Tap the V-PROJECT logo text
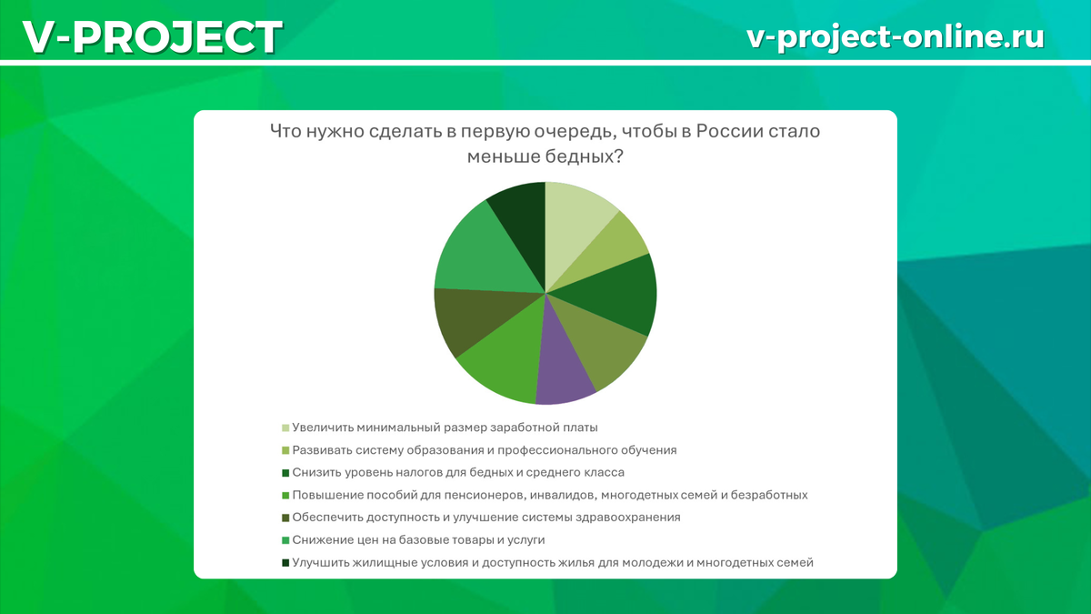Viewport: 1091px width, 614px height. tap(153, 37)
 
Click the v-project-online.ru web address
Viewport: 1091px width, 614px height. tap(896, 36)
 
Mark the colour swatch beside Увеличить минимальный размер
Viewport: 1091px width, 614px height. tap(285, 428)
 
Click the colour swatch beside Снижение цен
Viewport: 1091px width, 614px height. tap(285, 540)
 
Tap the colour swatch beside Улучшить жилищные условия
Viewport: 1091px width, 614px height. tap(285, 563)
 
